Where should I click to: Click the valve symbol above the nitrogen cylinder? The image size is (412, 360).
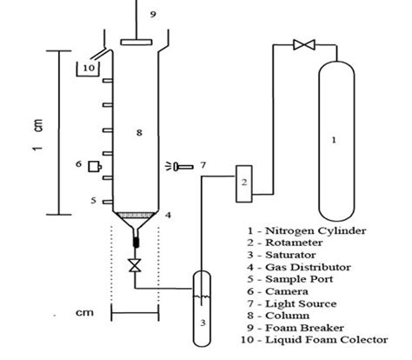(303, 44)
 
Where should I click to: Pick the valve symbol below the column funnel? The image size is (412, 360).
(135, 265)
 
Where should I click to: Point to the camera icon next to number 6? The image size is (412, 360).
(92, 165)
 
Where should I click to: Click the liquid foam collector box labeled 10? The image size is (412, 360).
(90, 67)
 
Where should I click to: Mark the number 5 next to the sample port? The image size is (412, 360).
(95, 201)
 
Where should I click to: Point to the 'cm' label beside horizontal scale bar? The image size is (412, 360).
(84, 310)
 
